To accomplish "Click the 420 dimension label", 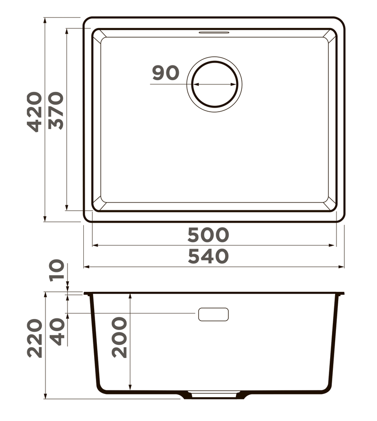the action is [x=35, y=112].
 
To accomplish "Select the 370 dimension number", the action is [x=56, y=111].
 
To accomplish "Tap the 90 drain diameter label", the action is [x=166, y=72].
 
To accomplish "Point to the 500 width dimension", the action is [x=208, y=235].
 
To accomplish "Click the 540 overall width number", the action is [x=208, y=256].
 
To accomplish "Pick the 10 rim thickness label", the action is [x=57, y=270].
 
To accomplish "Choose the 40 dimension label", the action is [x=58, y=331].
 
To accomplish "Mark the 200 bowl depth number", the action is [x=119, y=338].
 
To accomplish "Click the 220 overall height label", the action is [x=35, y=338].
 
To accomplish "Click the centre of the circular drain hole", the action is [x=214, y=84].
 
